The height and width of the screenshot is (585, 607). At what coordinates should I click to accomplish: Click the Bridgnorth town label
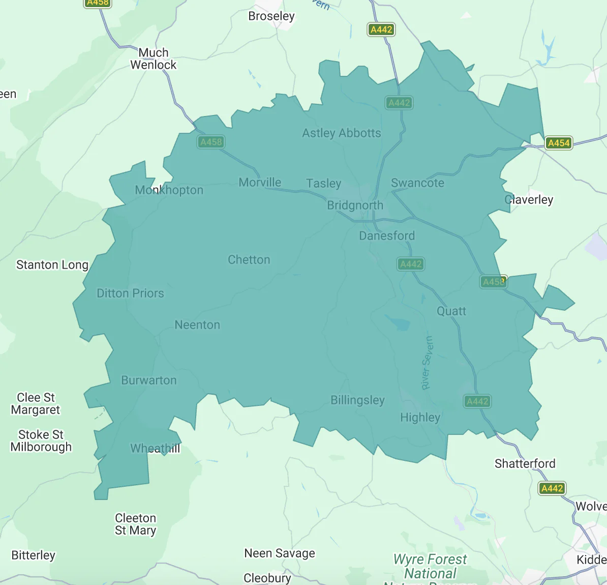coord(355,206)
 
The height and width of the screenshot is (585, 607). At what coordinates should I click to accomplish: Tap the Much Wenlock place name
coord(153,59)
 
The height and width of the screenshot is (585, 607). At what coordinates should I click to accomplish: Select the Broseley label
coord(271,16)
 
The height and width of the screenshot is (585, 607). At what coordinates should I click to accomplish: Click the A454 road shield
coord(558,143)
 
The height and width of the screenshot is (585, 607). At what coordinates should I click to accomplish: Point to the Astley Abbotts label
coord(341,133)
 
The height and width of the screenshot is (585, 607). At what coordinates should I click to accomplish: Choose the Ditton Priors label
coord(130,294)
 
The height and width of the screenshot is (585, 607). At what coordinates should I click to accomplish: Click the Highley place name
coord(420,418)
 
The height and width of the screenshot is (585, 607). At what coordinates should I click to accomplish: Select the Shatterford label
coord(525,463)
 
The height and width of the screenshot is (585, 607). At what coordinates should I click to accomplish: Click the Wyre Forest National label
coord(430,566)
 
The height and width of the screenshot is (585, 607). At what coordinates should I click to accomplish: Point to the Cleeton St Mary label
coord(135,524)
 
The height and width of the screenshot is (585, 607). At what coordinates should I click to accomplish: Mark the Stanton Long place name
coord(52,265)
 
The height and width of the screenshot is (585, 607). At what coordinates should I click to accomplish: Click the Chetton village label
coord(249,260)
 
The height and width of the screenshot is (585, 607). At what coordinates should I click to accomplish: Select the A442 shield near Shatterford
coord(552,488)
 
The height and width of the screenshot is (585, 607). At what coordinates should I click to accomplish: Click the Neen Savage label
coord(280,553)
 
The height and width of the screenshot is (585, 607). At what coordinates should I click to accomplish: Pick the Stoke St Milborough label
coord(41,441)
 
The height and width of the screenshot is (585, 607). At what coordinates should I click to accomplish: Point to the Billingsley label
coord(357,400)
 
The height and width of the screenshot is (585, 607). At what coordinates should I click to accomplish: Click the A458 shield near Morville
coord(211,142)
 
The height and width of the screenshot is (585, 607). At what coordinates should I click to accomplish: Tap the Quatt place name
coord(451,311)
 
